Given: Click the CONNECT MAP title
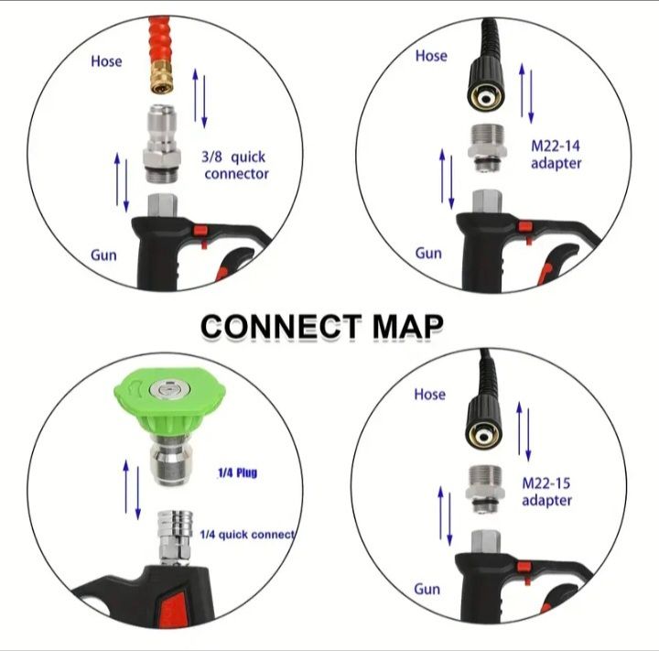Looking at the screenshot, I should (322, 325).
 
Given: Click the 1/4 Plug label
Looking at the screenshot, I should (236, 473).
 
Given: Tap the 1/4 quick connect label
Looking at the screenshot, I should (246, 534).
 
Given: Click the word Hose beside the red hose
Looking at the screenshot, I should (106, 61).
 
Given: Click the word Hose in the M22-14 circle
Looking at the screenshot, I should (431, 56).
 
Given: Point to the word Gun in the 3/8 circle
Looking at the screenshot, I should (103, 254).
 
